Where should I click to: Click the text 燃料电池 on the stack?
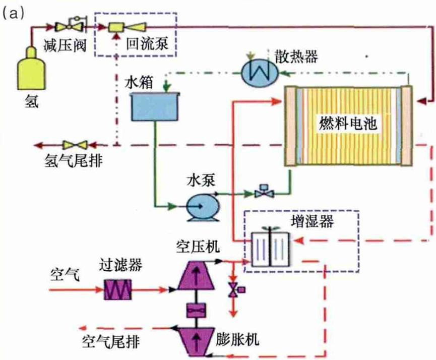(x=348, y=123)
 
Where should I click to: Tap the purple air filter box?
(x=117, y=290)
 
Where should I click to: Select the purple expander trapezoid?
(x=196, y=340)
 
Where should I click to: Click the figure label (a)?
(x=13, y=14)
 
